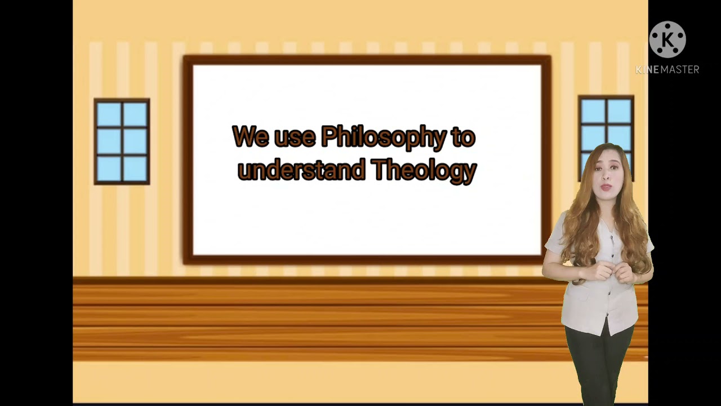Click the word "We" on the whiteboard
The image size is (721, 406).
pyautogui.click(x=250, y=137)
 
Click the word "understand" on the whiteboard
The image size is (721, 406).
pyautogui.click(x=301, y=170)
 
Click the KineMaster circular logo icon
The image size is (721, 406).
pyautogui.click(x=667, y=39)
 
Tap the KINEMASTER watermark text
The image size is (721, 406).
pyautogui.click(x=667, y=69)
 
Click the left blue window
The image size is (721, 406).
pyautogui.click(x=122, y=142)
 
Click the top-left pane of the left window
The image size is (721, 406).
pyautogui.click(x=109, y=114)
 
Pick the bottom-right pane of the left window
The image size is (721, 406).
pyautogui.click(x=135, y=168)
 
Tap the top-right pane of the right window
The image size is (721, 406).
pyautogui.click(x=619, y=111)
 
